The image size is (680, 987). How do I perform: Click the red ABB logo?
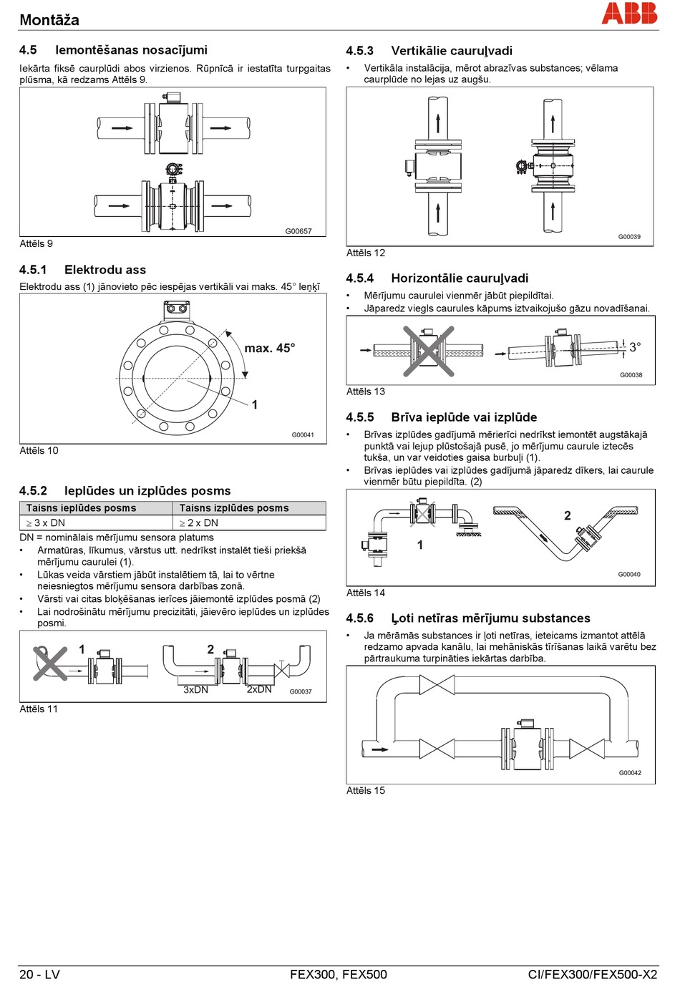[629, 13]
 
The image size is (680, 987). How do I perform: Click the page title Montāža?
[49, 20]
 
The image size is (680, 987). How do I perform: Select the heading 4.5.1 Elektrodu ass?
[82, 270]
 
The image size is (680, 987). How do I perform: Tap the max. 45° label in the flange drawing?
[269, 349]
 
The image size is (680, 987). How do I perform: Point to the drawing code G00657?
[298, 231]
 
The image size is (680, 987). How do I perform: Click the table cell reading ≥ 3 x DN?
[46, 523]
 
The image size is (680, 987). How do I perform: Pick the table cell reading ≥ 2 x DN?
[199, 523]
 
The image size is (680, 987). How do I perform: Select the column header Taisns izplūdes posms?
[234, 508]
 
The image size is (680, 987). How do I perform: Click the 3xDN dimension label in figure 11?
[195, 690]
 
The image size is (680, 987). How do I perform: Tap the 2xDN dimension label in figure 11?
[259, 690]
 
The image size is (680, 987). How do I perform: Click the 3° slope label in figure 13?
[635, 347]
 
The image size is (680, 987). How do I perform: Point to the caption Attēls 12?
[365, 253]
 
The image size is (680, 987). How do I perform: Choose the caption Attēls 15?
[365, 790]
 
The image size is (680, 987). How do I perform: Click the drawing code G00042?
[630, 773]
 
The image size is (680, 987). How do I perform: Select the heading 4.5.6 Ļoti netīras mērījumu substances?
[468, 618]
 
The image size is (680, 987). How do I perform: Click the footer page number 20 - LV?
[39, 975]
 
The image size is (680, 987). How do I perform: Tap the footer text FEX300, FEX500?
[339, 975]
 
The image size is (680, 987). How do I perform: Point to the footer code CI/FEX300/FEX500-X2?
[592, 975]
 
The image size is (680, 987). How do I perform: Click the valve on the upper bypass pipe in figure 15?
[437, 684]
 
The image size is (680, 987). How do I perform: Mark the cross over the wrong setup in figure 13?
[428, 350]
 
